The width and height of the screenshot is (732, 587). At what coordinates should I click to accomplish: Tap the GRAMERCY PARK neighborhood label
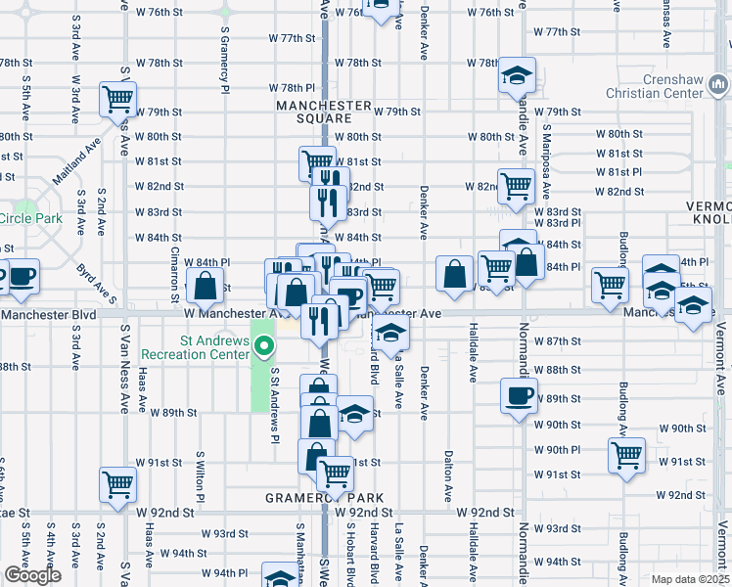coord(324,498)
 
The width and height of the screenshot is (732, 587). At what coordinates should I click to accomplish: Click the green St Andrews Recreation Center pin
coord(263,345)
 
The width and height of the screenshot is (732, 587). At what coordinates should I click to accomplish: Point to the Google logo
coord(32,575)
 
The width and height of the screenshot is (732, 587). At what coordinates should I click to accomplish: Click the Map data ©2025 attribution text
coord(689,579)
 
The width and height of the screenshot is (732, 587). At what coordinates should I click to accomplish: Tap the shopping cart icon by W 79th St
coord(117,98)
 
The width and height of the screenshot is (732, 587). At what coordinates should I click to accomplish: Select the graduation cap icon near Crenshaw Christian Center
coord(516,74)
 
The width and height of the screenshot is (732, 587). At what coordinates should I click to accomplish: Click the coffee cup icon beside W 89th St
coord(519,396)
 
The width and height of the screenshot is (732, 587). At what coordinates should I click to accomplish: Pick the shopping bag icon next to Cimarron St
coord(206,287)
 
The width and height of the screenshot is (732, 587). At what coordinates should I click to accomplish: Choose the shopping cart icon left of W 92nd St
coord(117,483)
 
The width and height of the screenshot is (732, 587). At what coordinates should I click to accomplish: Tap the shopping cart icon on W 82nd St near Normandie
coord(515,184)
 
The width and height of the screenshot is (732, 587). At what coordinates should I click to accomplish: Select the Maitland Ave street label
coord(65,159)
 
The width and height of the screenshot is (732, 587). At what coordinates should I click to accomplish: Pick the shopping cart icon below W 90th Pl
coord(626,454)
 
